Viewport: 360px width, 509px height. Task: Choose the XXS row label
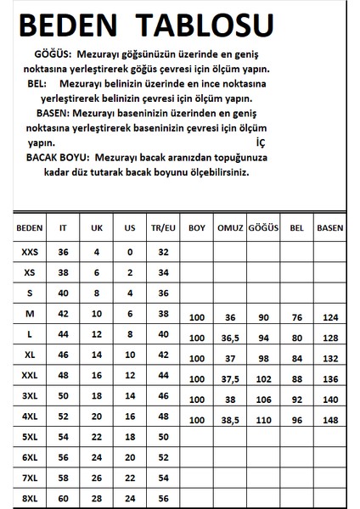(29, 252)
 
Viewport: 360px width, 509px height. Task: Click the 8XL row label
(29, 498)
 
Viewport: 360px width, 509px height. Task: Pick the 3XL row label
(29, 396)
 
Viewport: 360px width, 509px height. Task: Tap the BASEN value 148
(329, 420)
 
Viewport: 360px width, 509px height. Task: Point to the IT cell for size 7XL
(62, 478)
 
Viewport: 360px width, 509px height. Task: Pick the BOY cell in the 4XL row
(198, 420)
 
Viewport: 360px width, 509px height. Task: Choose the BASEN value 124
(329, 317)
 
